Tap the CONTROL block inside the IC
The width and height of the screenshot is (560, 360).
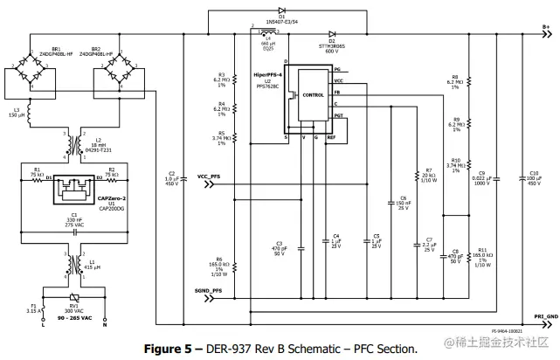(x=311, y=95)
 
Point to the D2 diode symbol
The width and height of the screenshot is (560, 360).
(x=332, y=33)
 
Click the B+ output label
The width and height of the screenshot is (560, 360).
(x=545, y=27)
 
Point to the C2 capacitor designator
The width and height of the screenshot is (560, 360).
(x=171, y=173)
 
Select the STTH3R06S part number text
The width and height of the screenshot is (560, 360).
(x=332, y=45)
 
